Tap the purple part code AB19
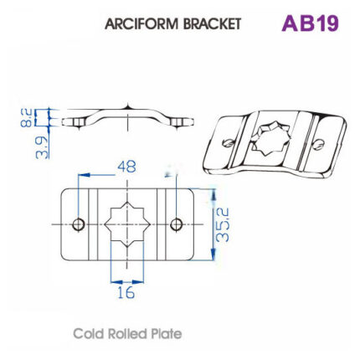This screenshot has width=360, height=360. pos(309,23)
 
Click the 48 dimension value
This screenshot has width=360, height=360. pos(126,167)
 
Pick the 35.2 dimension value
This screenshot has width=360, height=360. pos(224,224)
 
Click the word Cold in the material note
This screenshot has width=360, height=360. pos(89,333)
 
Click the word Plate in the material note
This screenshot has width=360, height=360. pos(166,333)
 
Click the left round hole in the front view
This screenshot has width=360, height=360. pos(79,224)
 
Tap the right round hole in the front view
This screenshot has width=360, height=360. pos(176,224)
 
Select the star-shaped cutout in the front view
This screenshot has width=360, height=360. pos(126,224)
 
